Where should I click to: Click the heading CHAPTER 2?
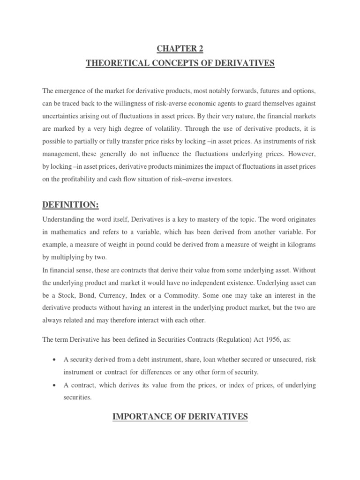click(180, 48)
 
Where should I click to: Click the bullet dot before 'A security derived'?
click(55, 360)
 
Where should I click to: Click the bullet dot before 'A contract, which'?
click(55, 385)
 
